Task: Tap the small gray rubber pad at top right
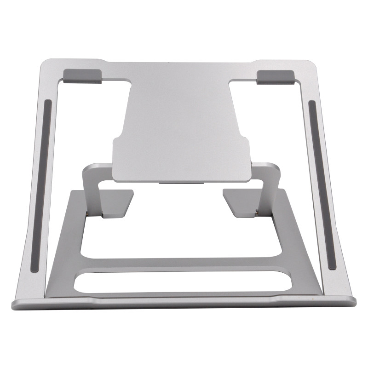(275, 76)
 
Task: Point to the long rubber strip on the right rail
(321, 184)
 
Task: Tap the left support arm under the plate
(94, 189)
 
